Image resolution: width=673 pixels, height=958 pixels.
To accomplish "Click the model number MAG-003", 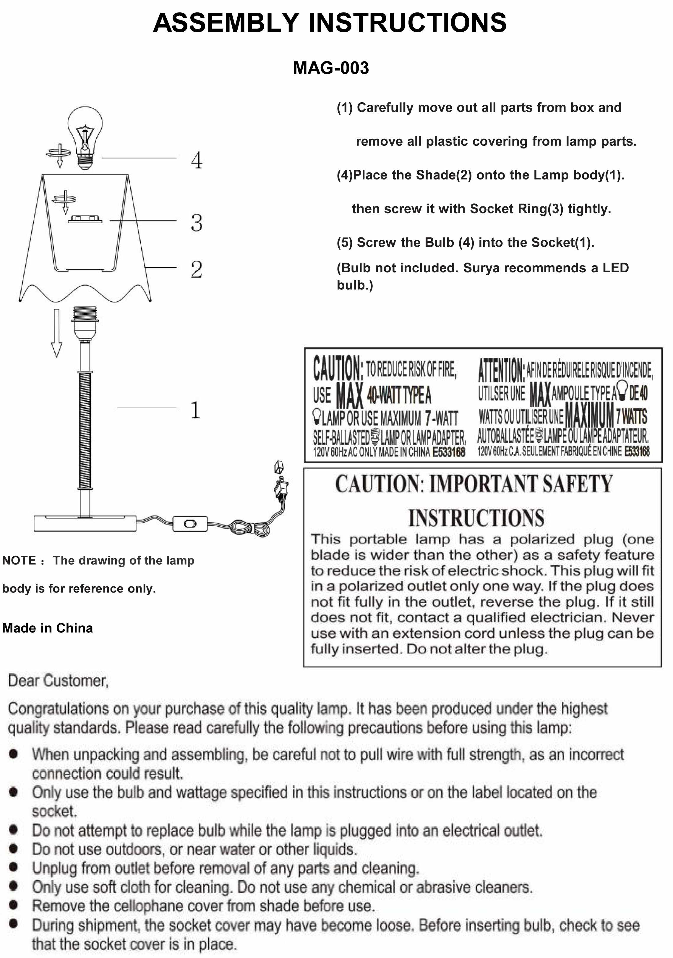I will (331, 68).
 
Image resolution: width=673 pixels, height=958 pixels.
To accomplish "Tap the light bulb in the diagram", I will (85, 134).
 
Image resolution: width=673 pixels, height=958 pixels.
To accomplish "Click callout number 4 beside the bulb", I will (196, 160).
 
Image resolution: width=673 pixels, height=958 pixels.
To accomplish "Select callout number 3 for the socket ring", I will (196, 223).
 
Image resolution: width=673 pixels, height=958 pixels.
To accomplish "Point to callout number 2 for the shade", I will (196, 270).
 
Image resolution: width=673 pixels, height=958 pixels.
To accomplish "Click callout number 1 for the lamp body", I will (195, 410).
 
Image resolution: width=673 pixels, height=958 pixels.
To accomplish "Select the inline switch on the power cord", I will (190, 524).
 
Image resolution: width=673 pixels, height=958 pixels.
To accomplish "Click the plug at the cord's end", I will (280, 488).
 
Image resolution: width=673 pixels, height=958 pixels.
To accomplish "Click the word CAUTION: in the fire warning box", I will (338, 369).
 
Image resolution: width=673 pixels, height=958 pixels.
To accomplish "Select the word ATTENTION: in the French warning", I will (501, 370).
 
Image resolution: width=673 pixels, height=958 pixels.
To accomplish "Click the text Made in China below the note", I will (48, 628).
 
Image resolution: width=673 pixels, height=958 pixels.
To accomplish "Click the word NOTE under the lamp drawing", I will (19, 560).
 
